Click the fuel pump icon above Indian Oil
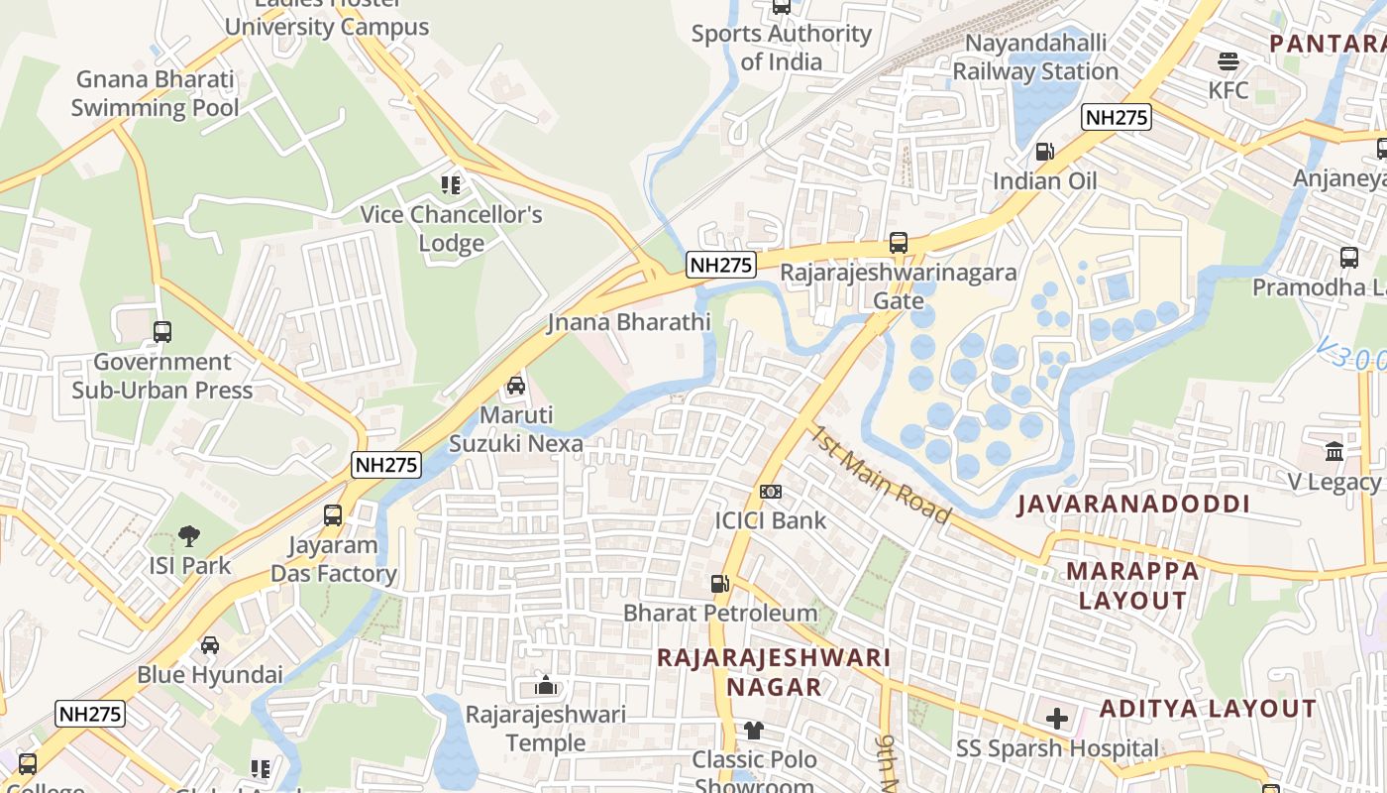coord(1044,152)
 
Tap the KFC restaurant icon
coord(1228,61)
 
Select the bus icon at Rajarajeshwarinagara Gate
coord(899,243)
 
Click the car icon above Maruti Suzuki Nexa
coord(515,386)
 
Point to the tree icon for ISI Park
coord(189,536)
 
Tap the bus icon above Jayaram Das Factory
coord(333,515)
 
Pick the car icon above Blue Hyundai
coord(210,645)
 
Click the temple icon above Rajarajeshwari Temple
coord(545,685)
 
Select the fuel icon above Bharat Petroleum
coord(720,584)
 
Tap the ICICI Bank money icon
coord(771,492)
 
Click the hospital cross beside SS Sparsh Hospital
coord(1057,719)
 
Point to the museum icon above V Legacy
coord(1334,452)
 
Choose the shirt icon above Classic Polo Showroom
coord(754,731)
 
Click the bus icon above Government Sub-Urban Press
coord(162,332)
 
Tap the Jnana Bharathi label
coord(629,322)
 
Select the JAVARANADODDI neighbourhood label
coord(1133,505)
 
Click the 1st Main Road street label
coord(881,475)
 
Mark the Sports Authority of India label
coord(781,48)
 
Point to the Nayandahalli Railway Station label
coord(1035,57)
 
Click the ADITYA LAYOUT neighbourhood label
coord(1208,709)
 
